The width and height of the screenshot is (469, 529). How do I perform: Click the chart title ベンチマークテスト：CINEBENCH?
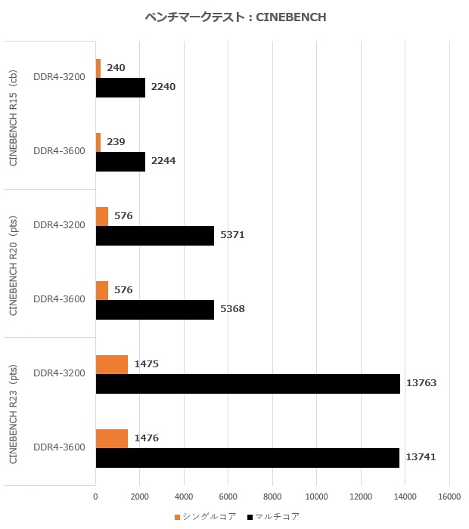pyautogui.click(x=235, y=17)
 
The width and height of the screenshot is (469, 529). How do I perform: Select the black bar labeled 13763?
pyautogui.click(x=247, y=384)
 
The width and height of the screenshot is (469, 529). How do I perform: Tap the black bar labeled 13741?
pyautogui.click(x=247, y=458)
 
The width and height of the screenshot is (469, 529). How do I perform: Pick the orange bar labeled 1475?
pyautogui.click(x=112, y=364)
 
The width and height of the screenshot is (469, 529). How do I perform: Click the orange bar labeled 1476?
pyautogui.click(x=112, y=438)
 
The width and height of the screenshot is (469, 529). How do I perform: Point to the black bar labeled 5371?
pyautogui.click(x=155, y=236)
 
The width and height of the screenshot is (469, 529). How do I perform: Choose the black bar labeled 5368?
pyautogui.click(x=155, y=310)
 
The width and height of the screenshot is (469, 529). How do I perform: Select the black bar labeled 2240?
pyautogui.click(x=120, y=88)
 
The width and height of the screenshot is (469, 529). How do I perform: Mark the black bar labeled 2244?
pyautogui.click(x=120, y=162)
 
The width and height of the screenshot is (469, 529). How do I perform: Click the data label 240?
pyautogui.click(x=116, y=68)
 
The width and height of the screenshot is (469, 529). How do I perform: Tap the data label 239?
pyautogui.click(x=116, y=142)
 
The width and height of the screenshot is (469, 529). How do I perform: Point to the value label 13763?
pyautogui.click(x=421, y=384)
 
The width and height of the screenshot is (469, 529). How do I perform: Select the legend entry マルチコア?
pyautogui.click(x=275, y=516)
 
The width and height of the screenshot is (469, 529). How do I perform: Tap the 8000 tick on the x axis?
pyautogui.click(x=272, y=497)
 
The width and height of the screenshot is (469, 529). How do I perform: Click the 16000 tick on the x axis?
pyautogui.click(x=449, y=497)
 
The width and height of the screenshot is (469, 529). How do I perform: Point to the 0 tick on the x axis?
pyautogui.click(x=95, y=497)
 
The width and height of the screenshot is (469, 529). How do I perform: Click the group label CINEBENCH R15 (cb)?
pyautogui.click(x=13, y=115)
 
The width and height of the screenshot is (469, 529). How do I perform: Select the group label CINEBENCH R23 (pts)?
pyautogui.click(x=13, y=411)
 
